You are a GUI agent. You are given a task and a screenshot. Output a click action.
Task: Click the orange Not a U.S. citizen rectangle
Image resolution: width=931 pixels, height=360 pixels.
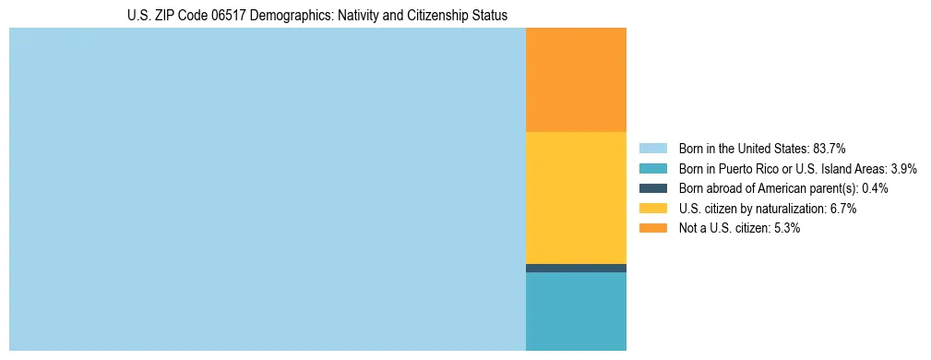coord(576,80)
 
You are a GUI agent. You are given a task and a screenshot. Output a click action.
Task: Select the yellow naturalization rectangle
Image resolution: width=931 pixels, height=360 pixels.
coord(576,198)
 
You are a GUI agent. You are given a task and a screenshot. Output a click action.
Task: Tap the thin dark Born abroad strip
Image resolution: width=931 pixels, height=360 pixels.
coord(576,268)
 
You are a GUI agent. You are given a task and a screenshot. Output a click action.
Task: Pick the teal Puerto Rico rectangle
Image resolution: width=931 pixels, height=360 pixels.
coord(576,311)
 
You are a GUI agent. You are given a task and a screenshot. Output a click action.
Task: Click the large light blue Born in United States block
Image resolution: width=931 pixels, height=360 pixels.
coord(267,189)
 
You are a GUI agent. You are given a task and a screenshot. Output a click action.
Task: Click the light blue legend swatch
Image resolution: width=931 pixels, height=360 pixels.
coord(652,148)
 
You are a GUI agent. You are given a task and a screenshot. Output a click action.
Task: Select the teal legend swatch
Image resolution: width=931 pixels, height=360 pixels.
coord(652,168)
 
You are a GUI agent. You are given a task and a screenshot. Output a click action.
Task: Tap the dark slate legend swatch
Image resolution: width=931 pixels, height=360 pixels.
coord(652,188)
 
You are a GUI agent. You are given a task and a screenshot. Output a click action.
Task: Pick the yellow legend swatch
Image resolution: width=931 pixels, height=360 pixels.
coord(652,209)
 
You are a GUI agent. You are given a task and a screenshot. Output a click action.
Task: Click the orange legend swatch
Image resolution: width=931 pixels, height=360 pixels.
coord(652,228)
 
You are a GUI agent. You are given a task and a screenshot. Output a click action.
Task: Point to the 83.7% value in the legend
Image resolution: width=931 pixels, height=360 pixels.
coord(830,148)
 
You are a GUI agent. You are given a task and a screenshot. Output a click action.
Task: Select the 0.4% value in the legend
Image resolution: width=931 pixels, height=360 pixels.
coord(875,188)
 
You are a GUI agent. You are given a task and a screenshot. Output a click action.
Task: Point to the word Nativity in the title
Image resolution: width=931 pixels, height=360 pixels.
coord(350,16)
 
